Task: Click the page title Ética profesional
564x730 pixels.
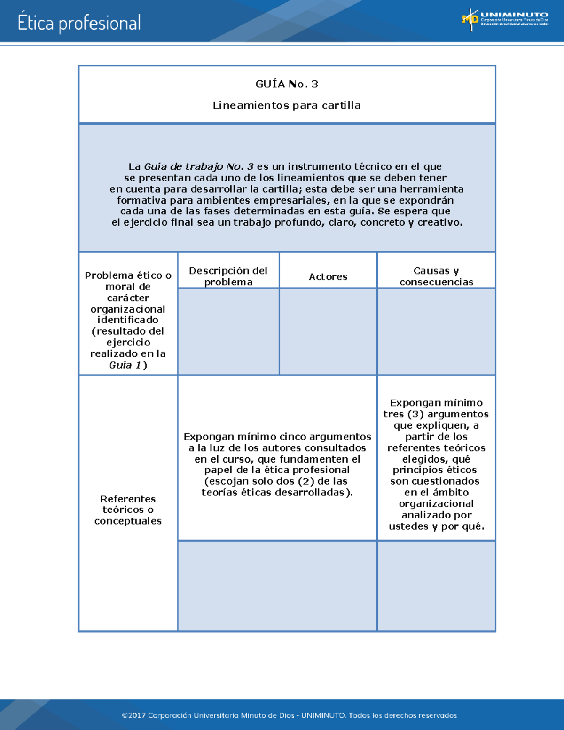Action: point(79,23)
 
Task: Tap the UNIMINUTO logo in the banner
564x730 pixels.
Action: point(505,19)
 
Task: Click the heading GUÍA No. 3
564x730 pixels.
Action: point(287,84)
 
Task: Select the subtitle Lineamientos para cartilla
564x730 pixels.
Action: point(287,105)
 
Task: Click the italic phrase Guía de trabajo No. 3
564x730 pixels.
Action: point(199,166)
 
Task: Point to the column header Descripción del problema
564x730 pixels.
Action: point(228,276)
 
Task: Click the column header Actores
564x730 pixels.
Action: point(328,277)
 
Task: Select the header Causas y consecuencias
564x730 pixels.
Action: point(436,276)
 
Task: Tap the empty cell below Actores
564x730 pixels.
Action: point(328,331)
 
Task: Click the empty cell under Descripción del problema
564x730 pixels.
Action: point(228,331)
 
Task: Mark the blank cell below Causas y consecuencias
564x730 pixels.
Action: point(436,331)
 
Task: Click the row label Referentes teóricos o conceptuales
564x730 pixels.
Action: point(128,510)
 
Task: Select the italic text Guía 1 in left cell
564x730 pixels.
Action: point(125,365)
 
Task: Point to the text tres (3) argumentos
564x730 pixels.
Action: point(436,414)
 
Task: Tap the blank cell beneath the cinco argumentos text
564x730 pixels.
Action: point(277,586)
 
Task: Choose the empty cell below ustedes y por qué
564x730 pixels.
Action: point(436,586)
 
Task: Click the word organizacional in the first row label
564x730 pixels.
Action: point(128,309)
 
